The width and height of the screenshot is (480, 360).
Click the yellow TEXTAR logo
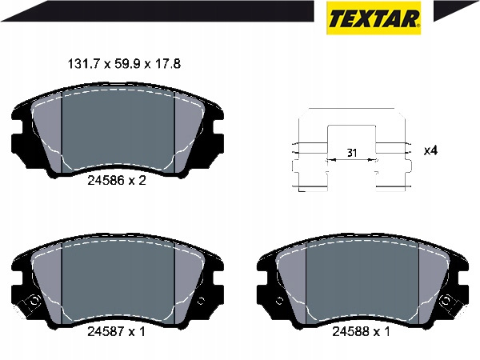pyautogui.click(x=374, y=18)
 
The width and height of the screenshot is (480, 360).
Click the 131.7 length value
pyautogui.click(x=82, y=64)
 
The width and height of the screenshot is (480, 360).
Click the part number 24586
pyautogui.click(x=106, y=181)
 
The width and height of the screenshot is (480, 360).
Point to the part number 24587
pyautogui.click(x=106, y=331)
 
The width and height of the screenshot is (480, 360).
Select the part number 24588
pyautogui.click(x=351, y=331)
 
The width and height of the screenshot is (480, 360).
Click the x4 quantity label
pyautogui.click(x=430, y=150)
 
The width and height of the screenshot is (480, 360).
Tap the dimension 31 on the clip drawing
pyautogui.click(x=352, y=153)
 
